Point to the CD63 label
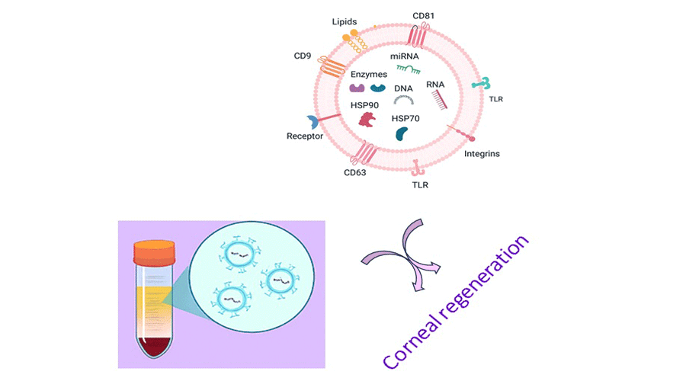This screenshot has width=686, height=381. pyautogui.click(x=354, y=173)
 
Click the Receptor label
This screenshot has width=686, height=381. pyautogui.click(x=305, y=136)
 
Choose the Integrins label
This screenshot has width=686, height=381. pyautogui.click(x=482, y=154)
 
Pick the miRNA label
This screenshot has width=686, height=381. pyautogui.click(x=405, y=56)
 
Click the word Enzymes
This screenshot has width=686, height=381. pyautogui.click(x=369, y=74)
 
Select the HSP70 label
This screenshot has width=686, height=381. pyautogui.click(x=406, y=118)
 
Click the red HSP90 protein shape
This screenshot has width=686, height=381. pyautogui.click(x=367, y=120)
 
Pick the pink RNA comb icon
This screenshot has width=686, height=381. pyautogui.click(x=439, y=99)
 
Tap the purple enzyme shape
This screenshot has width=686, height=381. pyautogui.click(x=356, y=88)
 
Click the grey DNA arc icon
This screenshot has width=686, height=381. pyautogui.click(x=404, y=100)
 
